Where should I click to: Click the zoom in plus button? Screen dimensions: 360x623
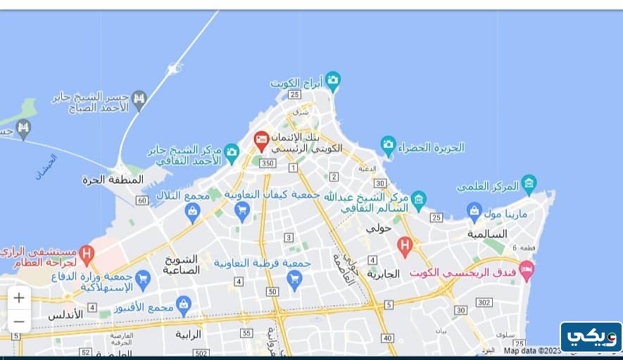pyautogui.click(x=19, y=297)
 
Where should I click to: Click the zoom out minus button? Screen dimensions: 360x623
pyautogui.click(x=19, y=322)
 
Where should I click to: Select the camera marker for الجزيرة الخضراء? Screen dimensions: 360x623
pyautogui.click(x=388, y=146)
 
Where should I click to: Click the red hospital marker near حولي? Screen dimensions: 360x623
pyautogui.click(x=404, y=246)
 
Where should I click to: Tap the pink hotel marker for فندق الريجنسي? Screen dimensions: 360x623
pyautogui.click(x=526, y=268)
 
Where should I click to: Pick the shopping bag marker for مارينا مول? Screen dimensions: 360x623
pyautogui.click(x=474, y=211)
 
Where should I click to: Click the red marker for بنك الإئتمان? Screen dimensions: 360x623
pyautogui.click(x=261, y=140)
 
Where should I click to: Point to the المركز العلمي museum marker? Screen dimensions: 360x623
pyautogui.click(x=529, y=185)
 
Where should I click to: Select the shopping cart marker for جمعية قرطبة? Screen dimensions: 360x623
pyautogui.click(x=294, y=279)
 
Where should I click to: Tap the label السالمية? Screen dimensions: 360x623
pyautogui.click(x=487, y=233)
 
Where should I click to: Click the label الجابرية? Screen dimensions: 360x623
pyautogui.click(x=383, y=273)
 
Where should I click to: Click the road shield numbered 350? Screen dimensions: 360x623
pyautogui.click(x=267, y=163)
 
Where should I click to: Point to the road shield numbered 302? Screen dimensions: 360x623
pyautogui.click(x=483, y=302)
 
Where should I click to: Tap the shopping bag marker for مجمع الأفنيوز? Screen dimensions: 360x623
pyautogui.click(x=184, y=305)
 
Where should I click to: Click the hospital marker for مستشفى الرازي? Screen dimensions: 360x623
pyautogui.click(x=87, y=252)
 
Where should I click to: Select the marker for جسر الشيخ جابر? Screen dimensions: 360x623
pyautogui.click(x=139, y=98)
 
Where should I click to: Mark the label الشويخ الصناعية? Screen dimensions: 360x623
pyautogui.click(x=182, y=263)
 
